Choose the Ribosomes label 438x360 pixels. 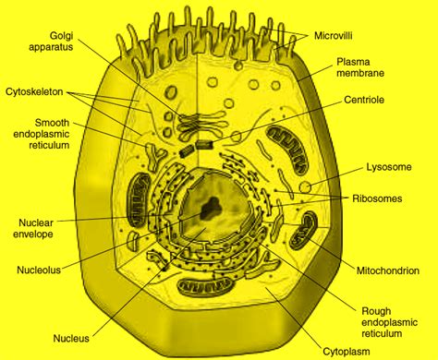378,198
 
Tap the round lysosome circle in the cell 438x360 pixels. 305,188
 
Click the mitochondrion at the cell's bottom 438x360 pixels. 206,291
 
